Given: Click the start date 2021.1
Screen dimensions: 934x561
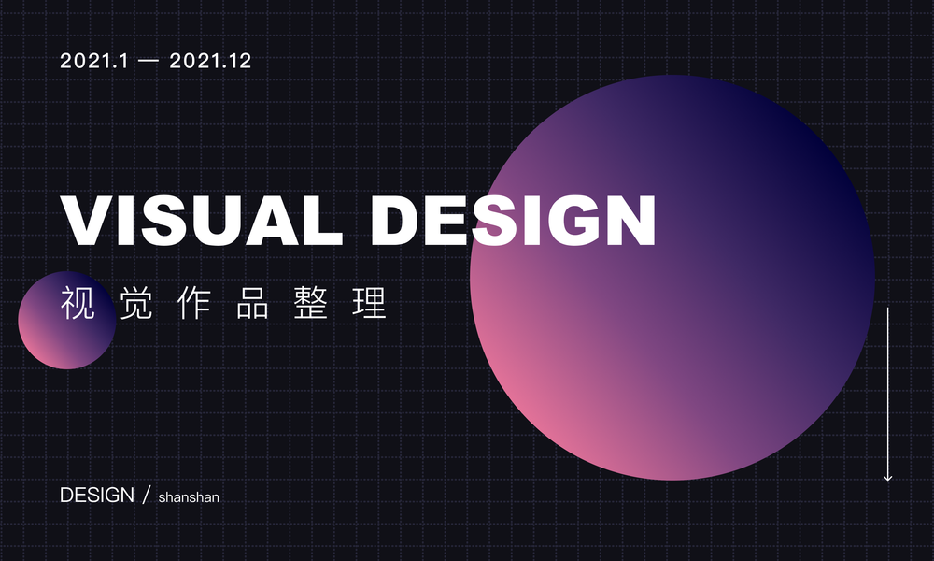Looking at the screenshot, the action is (x=93, y=61).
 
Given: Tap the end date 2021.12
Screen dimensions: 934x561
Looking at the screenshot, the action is (x=210, y=61).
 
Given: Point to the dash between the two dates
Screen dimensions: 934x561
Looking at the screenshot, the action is (x=149, y=61).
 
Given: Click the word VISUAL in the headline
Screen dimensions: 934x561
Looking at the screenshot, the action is (x=202, y=220).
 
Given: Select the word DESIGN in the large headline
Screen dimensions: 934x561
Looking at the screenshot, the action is (x=514, y=220).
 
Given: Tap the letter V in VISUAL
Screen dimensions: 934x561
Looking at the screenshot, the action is (x=88, y=220).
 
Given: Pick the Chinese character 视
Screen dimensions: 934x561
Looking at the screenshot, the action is (x=78, y=303).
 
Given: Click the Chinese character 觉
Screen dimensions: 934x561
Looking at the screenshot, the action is (x=135, y=303).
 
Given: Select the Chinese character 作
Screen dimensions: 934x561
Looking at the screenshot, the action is (x=194, y=303).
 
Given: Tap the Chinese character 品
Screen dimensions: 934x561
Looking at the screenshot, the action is (x=252, y=303).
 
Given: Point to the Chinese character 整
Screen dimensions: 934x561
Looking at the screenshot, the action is (x=311, y=303).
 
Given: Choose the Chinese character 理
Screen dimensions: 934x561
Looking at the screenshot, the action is (x=369, y=303).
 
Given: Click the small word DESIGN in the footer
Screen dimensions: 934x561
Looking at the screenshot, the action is (x=97, y=496).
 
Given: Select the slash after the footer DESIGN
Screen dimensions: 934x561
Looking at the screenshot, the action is (x=147, y=495).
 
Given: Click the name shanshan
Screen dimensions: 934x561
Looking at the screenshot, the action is (x=189, y=497).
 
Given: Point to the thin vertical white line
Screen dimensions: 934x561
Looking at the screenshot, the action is (x=887, y=394).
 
